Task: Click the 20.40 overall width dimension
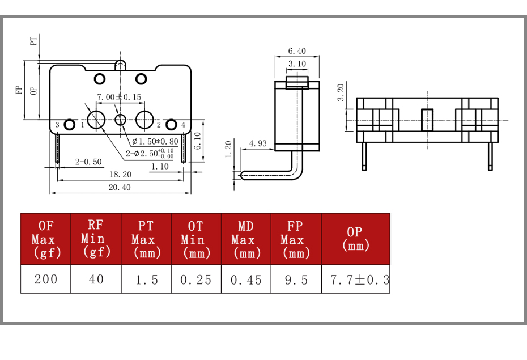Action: click(x=120, y=187)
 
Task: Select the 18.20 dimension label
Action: click(x=120, y=175)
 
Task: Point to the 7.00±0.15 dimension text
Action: click(x=119, y=97)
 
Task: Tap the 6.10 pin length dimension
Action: click(x=198, y=141)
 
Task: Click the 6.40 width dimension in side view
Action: click(x=297, y=51)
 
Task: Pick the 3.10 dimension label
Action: click(x=297, y=64)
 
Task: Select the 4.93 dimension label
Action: click(x=258, y=143)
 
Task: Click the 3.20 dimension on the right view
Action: click(x=341, y=92)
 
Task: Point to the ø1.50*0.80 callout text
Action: click(x=155, y=142)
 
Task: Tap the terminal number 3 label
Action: click(x=57, y=125)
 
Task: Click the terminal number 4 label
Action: click(x=183, y=125)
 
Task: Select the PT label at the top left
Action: click(x=33, y=41)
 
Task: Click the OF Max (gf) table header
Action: click(x=46, y=239)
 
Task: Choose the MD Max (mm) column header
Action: click(x=246, y=239)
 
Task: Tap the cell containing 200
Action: click(x=46, y=279)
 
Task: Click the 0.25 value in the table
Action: click(x=196, y=279)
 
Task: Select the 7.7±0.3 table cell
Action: click(x=356, y=279)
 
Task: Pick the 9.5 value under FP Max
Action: click(x=296, y=279)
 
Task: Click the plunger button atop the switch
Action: click(x=121, y=65)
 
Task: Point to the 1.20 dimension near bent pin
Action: click(x=228, y=149)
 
